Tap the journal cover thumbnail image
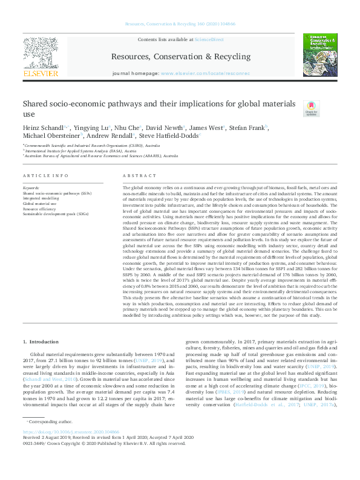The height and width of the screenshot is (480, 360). click(x=319, y=55)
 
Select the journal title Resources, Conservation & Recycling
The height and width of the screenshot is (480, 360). click(x=180, y=57)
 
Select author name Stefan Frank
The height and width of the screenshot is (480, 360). click(x=248, y=128)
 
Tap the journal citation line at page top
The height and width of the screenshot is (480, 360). click(x=180, y=25)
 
